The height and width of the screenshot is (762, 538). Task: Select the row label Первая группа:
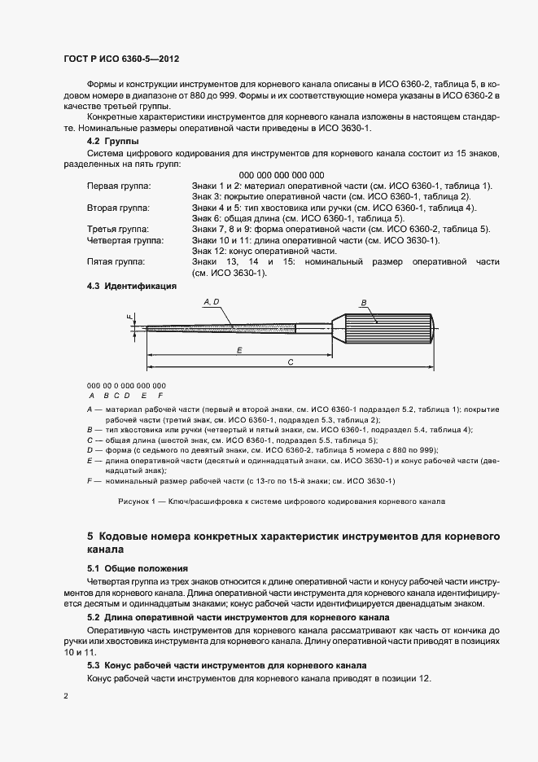pos(113,186)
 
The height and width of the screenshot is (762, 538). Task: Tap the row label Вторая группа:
pos(113,208)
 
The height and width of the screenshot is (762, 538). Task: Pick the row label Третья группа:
pos(113,230)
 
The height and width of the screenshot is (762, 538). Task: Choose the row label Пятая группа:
pos(110,262)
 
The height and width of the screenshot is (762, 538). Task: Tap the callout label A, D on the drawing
pos(210,302)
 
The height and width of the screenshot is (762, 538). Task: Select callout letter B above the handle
pos(365,302)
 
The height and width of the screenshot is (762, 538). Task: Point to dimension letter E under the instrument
pos(239,349)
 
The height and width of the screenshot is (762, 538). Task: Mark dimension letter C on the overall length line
pos(291,362)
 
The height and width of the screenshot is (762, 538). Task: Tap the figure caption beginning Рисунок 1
pos(282,501)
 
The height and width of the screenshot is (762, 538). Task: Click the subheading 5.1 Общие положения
pos(137,567)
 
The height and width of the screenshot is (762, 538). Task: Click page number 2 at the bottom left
pos(67,697)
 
